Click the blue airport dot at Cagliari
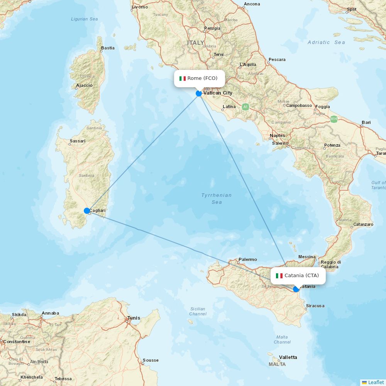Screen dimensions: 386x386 (87, 211)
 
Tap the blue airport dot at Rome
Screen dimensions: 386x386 (199, 93)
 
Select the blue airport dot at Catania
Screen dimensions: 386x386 (296, 289)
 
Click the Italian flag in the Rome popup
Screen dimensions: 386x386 (183, 78)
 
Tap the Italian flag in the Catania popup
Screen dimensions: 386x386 (279, 276)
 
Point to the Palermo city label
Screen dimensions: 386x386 (247, 260)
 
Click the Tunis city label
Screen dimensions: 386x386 (134, 318)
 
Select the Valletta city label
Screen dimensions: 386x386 (288, 357)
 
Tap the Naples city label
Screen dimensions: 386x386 (278, 135)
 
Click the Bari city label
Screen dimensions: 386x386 (366, 123)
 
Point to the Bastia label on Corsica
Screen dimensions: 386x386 (108, 48)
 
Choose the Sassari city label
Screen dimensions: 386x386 (77, 141)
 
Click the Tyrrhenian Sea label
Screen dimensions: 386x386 (217, 198)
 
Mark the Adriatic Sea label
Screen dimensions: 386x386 (326, 42)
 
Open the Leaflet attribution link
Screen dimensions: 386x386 (376, 382)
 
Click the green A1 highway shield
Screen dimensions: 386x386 (245, 107)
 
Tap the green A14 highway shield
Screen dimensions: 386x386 (334, 119)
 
